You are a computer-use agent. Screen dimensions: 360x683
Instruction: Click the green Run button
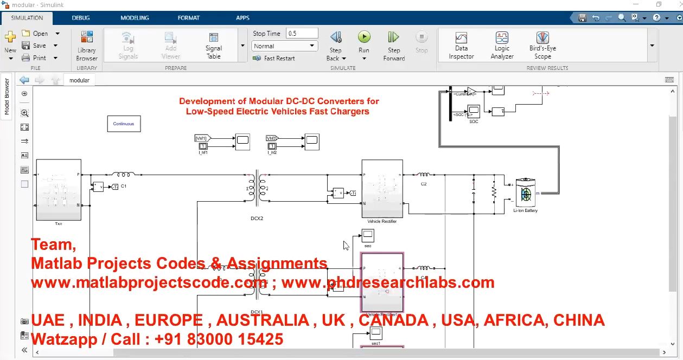pyautogui.click(x=363, y=37)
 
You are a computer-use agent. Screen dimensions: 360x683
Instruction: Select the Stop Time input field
pyautogui.click(x=301, y=33)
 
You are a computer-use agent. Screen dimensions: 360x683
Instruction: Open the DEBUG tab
pyautogui.click(x=81, y=18)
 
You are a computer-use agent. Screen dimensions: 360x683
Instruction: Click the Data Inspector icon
pyautogui.click(x=461, y=38)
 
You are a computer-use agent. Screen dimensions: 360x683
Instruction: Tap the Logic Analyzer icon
pyautogui.click(x=502, y=38)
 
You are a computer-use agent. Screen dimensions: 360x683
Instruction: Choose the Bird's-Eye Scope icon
pyautogui.click(x=542, y=38)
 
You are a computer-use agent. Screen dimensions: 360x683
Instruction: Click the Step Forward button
pyautogui.click(x=394, y=37)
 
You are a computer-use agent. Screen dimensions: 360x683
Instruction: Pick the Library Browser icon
pyautogui.click(x=87, y=37)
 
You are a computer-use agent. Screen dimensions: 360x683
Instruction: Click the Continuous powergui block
pyautogui.click(x=124, y=124)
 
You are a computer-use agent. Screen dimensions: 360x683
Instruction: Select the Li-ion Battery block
pyautogui.click(x=525, y=193)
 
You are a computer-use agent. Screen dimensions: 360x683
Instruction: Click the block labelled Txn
pyautogui.click(x=59, y=190)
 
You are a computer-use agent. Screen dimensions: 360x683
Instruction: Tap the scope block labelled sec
pyautogui.click(x=368, y=235)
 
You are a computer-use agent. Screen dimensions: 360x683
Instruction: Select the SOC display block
pyautogui.click(x=474, y=111)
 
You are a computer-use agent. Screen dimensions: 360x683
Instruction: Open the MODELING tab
pyautogui.click(x=135, y=18)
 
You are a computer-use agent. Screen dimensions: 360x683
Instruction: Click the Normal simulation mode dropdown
pyautogui.click(x=285, y=46)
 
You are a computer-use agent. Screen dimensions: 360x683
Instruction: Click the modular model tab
pyautogui.click(x=79, y=80)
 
